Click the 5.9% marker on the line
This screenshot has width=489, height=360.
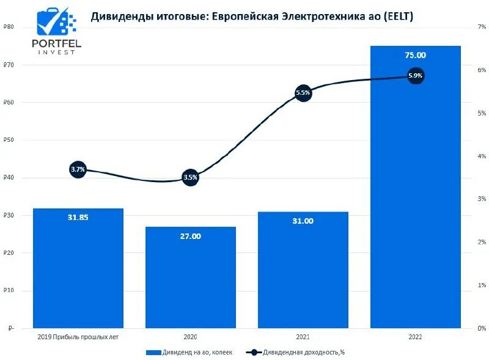[x=416, y=76]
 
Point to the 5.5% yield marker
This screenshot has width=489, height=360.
[x=303, y=93]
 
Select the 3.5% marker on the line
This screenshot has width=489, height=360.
[x=190, y=178]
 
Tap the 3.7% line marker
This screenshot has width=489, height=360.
[x=78, y=169]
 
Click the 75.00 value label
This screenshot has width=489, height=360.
[x=416, y=55]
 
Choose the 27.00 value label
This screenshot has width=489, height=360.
[x=190, y=236]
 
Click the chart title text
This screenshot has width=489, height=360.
[x=252, y=17]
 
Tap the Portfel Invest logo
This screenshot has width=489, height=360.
[x=56, y=31]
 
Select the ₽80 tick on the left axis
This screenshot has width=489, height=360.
[x=9, y=27]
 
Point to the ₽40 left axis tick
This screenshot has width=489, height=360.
[x=9, y=178]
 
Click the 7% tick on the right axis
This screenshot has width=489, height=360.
[x=482, y=27]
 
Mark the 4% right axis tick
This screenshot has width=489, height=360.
[x=482, y=156]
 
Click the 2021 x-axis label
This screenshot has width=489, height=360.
[x=303, y=337]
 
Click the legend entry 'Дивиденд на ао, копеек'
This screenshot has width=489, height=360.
[x=189, y=352]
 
